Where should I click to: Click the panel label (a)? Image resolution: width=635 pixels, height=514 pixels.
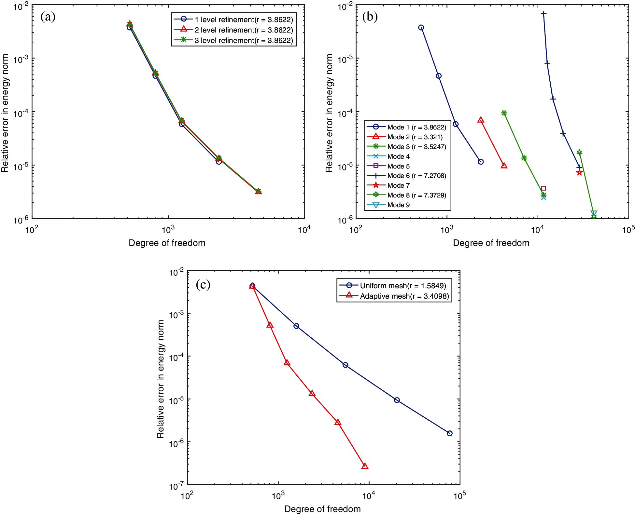tap(48, 17)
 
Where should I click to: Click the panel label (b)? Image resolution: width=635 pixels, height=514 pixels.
tap(370, 17)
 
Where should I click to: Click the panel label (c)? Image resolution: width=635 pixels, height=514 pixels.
tap(203, 285)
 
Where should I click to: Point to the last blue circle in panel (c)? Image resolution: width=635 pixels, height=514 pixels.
tap(449, 433)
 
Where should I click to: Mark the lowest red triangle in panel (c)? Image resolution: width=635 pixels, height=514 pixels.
tap(365, 466)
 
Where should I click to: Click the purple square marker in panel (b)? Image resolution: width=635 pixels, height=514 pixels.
tap(543, 188)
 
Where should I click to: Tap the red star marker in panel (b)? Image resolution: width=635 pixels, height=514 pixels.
tap(579, 172)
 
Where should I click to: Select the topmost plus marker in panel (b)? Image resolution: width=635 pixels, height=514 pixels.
tap(543, 14)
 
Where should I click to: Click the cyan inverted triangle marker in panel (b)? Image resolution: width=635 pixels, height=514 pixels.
tap(594, 213)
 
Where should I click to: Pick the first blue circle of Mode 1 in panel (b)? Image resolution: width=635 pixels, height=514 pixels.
tap(421, 28)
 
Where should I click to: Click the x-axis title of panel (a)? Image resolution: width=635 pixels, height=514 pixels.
tap(167, 243)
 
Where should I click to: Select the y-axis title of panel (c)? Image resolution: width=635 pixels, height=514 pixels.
tap(160, 379)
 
